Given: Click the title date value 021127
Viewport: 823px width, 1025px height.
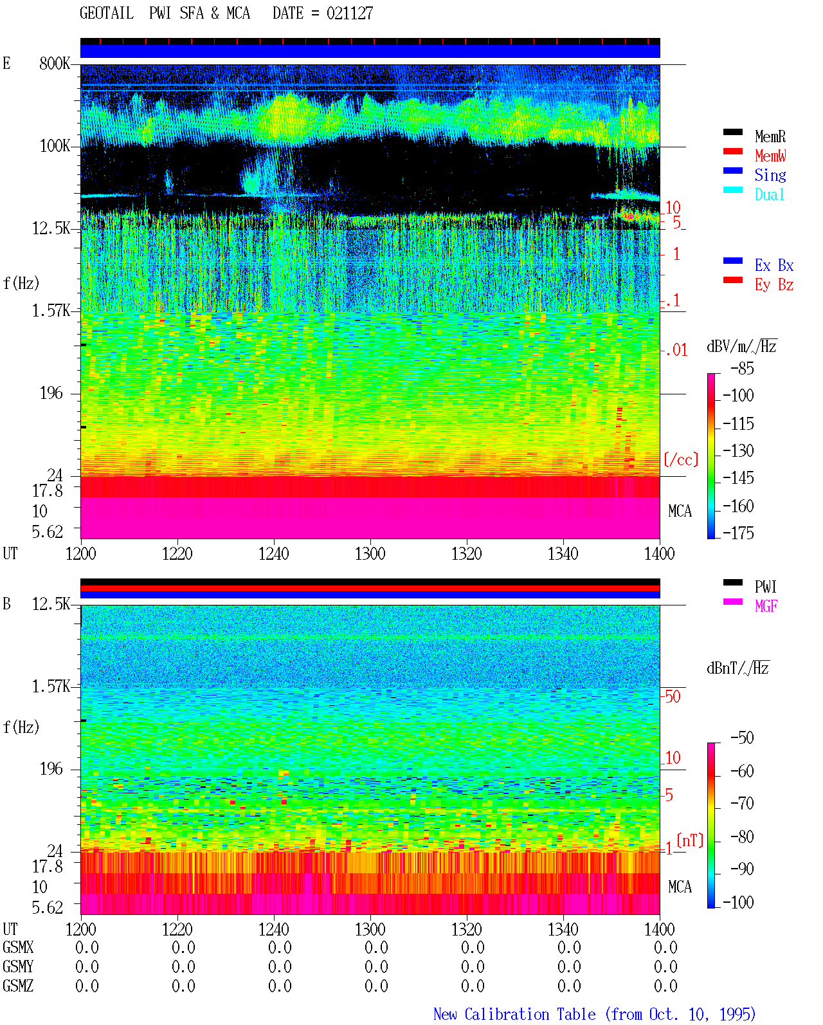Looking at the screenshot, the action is [350, 14].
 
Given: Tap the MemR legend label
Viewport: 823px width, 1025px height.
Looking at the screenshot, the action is [770, 136].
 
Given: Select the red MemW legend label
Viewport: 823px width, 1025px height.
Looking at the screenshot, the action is [770, 156].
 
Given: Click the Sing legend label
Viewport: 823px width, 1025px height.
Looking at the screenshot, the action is [770, 175].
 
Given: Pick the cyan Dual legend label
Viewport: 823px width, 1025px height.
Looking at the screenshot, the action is [770, 194].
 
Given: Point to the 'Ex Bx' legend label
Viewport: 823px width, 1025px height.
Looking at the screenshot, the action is [774, 265].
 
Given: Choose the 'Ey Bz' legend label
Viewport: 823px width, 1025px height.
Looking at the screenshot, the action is [774, 285].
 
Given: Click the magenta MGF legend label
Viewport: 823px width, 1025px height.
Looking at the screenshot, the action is [766, 606].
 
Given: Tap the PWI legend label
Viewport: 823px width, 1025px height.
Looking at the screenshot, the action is [765, 587].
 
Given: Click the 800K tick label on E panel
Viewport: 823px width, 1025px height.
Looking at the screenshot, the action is [55, 63].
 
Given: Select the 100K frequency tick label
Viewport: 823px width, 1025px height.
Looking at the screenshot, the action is [55, 146].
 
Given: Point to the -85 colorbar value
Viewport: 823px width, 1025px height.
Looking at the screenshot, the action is [742, 369].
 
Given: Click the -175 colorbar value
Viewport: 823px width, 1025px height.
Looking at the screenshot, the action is [738, 533].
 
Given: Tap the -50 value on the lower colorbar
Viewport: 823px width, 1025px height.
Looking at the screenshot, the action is [742, 738].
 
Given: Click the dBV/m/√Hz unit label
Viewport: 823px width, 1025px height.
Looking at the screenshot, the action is [741, 346].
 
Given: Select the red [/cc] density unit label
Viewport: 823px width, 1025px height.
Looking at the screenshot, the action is [681, 459].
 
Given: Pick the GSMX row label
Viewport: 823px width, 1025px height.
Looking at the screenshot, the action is [18, 947].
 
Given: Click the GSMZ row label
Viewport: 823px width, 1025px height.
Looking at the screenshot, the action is [18, 986].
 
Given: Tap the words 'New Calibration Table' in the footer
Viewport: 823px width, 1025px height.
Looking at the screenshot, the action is [514, 1014].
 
